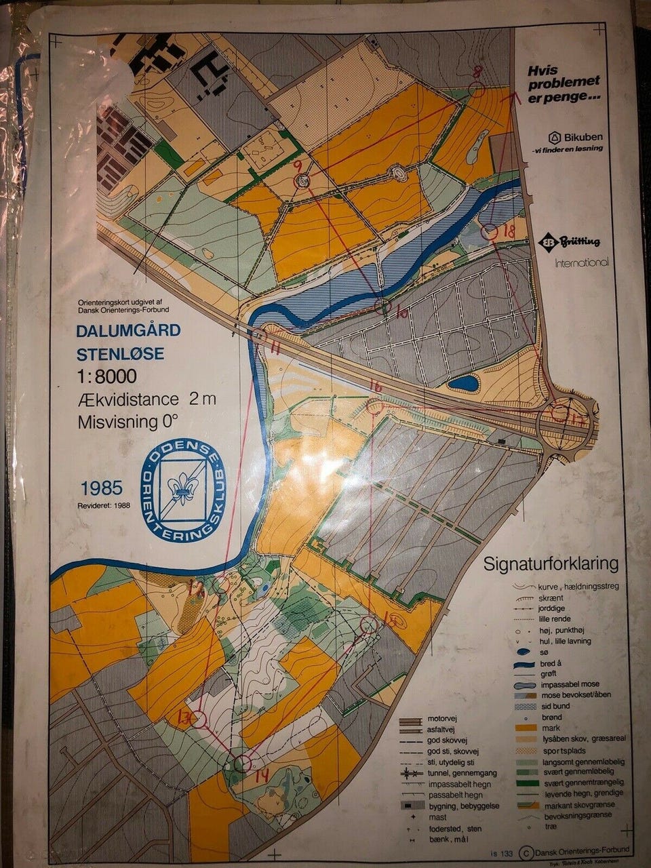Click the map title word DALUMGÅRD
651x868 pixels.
pyautogui.click(x=127, y=331)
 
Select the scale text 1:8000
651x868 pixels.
pyautogui.click(x=106, y=376)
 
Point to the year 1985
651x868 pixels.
pyautogui.click(x=102, y=488)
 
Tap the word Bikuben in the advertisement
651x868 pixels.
pyautogui.click(x=578, y=136)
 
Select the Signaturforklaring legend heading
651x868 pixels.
pyautogui.click(x=551, y=564)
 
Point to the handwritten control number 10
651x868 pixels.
pyautogui.click(x=401, y=314)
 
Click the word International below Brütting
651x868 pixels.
pyautogui.click(x=581, y=262)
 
